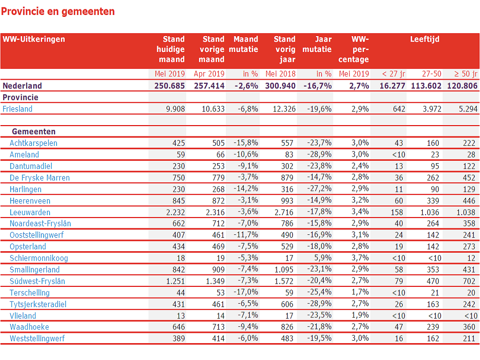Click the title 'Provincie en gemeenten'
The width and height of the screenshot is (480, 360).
point(58,12)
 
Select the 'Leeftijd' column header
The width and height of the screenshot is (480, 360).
point(425,39)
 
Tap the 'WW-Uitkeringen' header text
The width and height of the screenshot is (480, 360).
point(34,39)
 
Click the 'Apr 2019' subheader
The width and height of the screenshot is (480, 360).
point(209,74)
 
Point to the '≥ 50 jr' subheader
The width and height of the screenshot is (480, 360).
point(465,74)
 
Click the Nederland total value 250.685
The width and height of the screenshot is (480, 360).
point(170,86)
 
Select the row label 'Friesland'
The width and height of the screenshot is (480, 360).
point(17,109)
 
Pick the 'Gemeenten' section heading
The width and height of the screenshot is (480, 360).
point(34,132)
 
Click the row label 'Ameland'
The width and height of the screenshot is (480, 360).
point(24,155)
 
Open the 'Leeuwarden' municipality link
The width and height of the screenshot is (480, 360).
point(30,212)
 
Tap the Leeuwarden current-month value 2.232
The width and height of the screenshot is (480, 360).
point(175,212)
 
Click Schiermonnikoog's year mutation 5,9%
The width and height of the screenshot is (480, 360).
point(322,258)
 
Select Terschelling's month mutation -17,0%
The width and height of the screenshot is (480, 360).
point(246,292)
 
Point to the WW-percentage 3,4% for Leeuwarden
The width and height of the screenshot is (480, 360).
point(360,211)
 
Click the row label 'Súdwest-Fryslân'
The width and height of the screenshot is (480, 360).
point(37,281)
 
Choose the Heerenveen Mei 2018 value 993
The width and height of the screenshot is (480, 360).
point(287,201)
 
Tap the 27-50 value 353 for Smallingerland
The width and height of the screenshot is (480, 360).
point(433,270)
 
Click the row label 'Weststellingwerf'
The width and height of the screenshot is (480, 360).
point(37,338)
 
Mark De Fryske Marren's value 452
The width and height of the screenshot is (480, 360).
point(469,178)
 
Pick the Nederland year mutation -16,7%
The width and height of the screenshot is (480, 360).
point(317,86)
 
